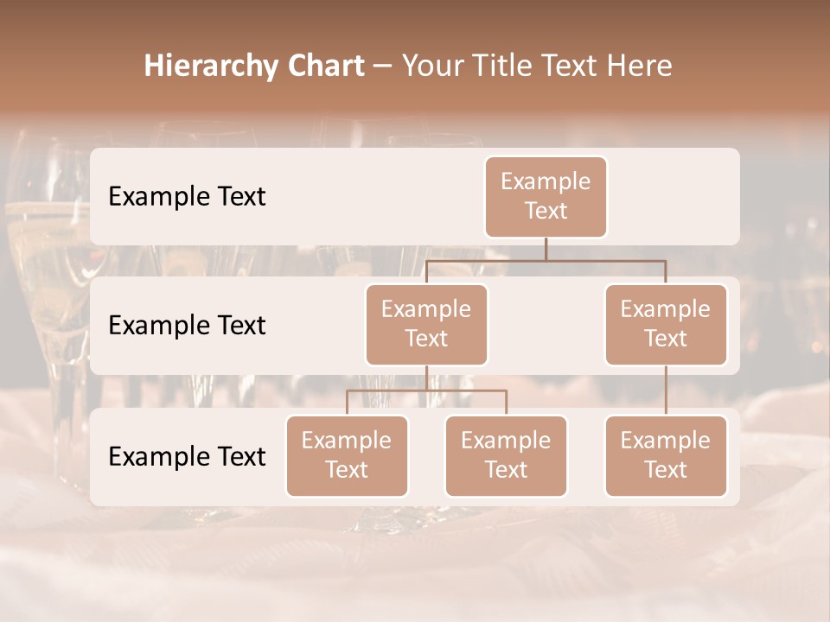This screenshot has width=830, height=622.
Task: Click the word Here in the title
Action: [x=637, y=67]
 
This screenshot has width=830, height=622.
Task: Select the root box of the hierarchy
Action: [x=546, y=196]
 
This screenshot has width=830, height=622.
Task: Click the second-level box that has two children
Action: [x=426, y=324]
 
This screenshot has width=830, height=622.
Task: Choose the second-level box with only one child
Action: [x=666, y=324]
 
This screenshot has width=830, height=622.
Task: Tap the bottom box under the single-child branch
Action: [x=666, y=455]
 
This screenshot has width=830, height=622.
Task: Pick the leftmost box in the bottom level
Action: [x=347, y=455]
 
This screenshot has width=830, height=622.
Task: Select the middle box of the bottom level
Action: [x=506, y=455]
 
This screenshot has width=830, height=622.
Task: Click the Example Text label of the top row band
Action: [x=187, y=197]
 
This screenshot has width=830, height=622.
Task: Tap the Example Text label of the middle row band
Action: [x=187, y=326]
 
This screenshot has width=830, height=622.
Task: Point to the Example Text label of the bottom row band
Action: [x=187, y=456]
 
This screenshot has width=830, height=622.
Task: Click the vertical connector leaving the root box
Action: [x=546, y=249]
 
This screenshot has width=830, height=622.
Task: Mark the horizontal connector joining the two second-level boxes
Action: [x=546, y=259]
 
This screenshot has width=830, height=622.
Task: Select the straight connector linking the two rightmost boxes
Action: [x=666, y=390]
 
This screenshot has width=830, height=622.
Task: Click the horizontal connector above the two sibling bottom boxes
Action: [x=426, y=390]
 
